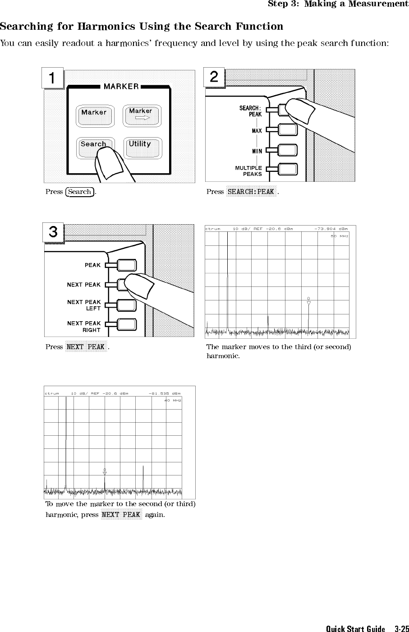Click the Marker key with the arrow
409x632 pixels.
pyautogui.click(x=141, y=115)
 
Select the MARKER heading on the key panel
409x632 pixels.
pyautogui.click(x=121, y=86)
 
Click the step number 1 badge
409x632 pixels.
pyautogui.click(x=53, y=78)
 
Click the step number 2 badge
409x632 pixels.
pyautogui.click(x=214, y=77)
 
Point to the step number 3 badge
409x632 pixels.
pyautogui.click(x=53, y=232)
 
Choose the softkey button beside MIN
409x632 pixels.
pyautogui.click(x=288, y=150)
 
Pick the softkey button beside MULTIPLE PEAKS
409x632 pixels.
pyautogui.click(x=288, y=169)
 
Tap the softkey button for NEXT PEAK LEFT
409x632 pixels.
pyautogui.click(x=127, y=305)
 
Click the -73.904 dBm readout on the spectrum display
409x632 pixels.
pyautogui.click(x=331, y=229)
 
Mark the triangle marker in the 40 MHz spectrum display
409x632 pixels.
pyautogui.click(x=105, y=473)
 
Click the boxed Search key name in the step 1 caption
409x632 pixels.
pyautogui.click(x=80, y=192)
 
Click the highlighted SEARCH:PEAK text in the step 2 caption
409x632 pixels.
pyautogui.click(x=251, y=192)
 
